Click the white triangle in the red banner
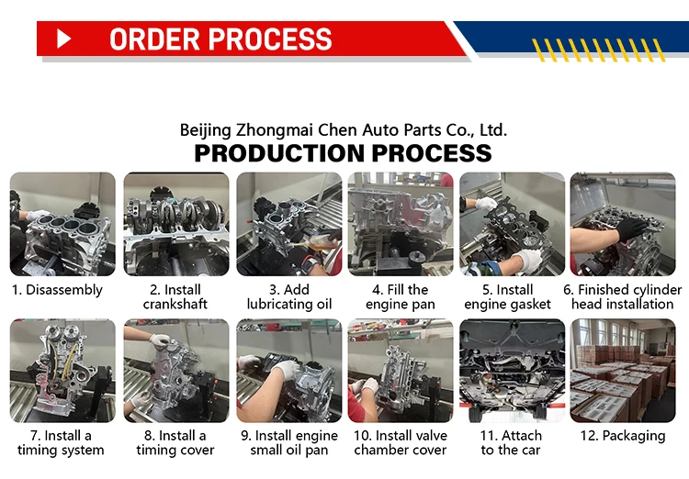tap(63, 39)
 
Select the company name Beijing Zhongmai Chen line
tap(343, 129)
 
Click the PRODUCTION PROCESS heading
tap(343, 152)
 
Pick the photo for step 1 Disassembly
tap(62, 225)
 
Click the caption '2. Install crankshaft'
tap(175, 296)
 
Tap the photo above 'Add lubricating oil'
tap(288, 225)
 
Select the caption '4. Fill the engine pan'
tap(401, 296)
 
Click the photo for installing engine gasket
tap(512, 225)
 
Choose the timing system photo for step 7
tap(62, 371)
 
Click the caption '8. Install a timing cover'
tap(175, 442)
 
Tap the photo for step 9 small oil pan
tap(288, 371)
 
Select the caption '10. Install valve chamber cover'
tap(401, 442)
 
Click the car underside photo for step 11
tap(512, 371)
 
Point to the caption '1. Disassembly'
tap(57, 290)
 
